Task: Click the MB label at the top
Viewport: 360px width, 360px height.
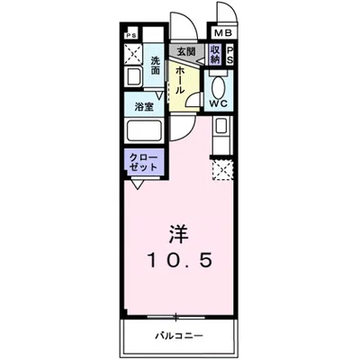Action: click(221, 32)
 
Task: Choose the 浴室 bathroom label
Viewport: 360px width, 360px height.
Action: click(143, 105)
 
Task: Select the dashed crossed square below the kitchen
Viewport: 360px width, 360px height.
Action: click(220, 168)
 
